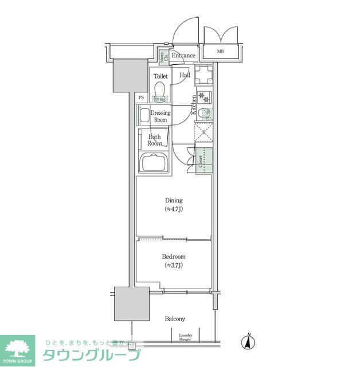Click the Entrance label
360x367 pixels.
183,56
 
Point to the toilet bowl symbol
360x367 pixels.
160,91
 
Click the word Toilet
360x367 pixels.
160,75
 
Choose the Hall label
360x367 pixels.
185,75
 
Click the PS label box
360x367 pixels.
141,97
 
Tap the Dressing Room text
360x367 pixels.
161,116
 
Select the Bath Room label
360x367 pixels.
155,140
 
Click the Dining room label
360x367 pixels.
174,200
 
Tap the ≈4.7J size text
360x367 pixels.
174,209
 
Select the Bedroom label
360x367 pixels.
174,257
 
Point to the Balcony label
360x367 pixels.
175,319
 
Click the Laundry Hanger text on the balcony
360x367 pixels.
185,337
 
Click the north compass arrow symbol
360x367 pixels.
249,342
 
